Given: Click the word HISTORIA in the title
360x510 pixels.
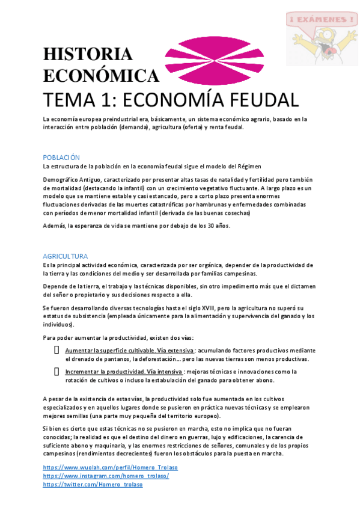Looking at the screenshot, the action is [x=88, y=54].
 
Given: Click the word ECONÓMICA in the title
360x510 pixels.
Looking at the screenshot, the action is [x=101, y=76].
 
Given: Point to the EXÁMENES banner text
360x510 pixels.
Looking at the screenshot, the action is [x=321, y=20].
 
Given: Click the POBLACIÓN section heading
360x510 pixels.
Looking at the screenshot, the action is [x=61, y=157].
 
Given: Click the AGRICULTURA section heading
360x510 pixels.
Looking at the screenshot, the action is [x=66, y=256].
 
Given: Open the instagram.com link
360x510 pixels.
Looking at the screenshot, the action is [x=106, y=476].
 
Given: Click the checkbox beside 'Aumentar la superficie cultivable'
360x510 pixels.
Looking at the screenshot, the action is [x=56, y=350].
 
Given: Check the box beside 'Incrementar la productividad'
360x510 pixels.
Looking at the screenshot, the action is [x=56, y=372].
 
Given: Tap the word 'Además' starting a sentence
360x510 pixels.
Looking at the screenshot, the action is [x=54, y=226].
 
